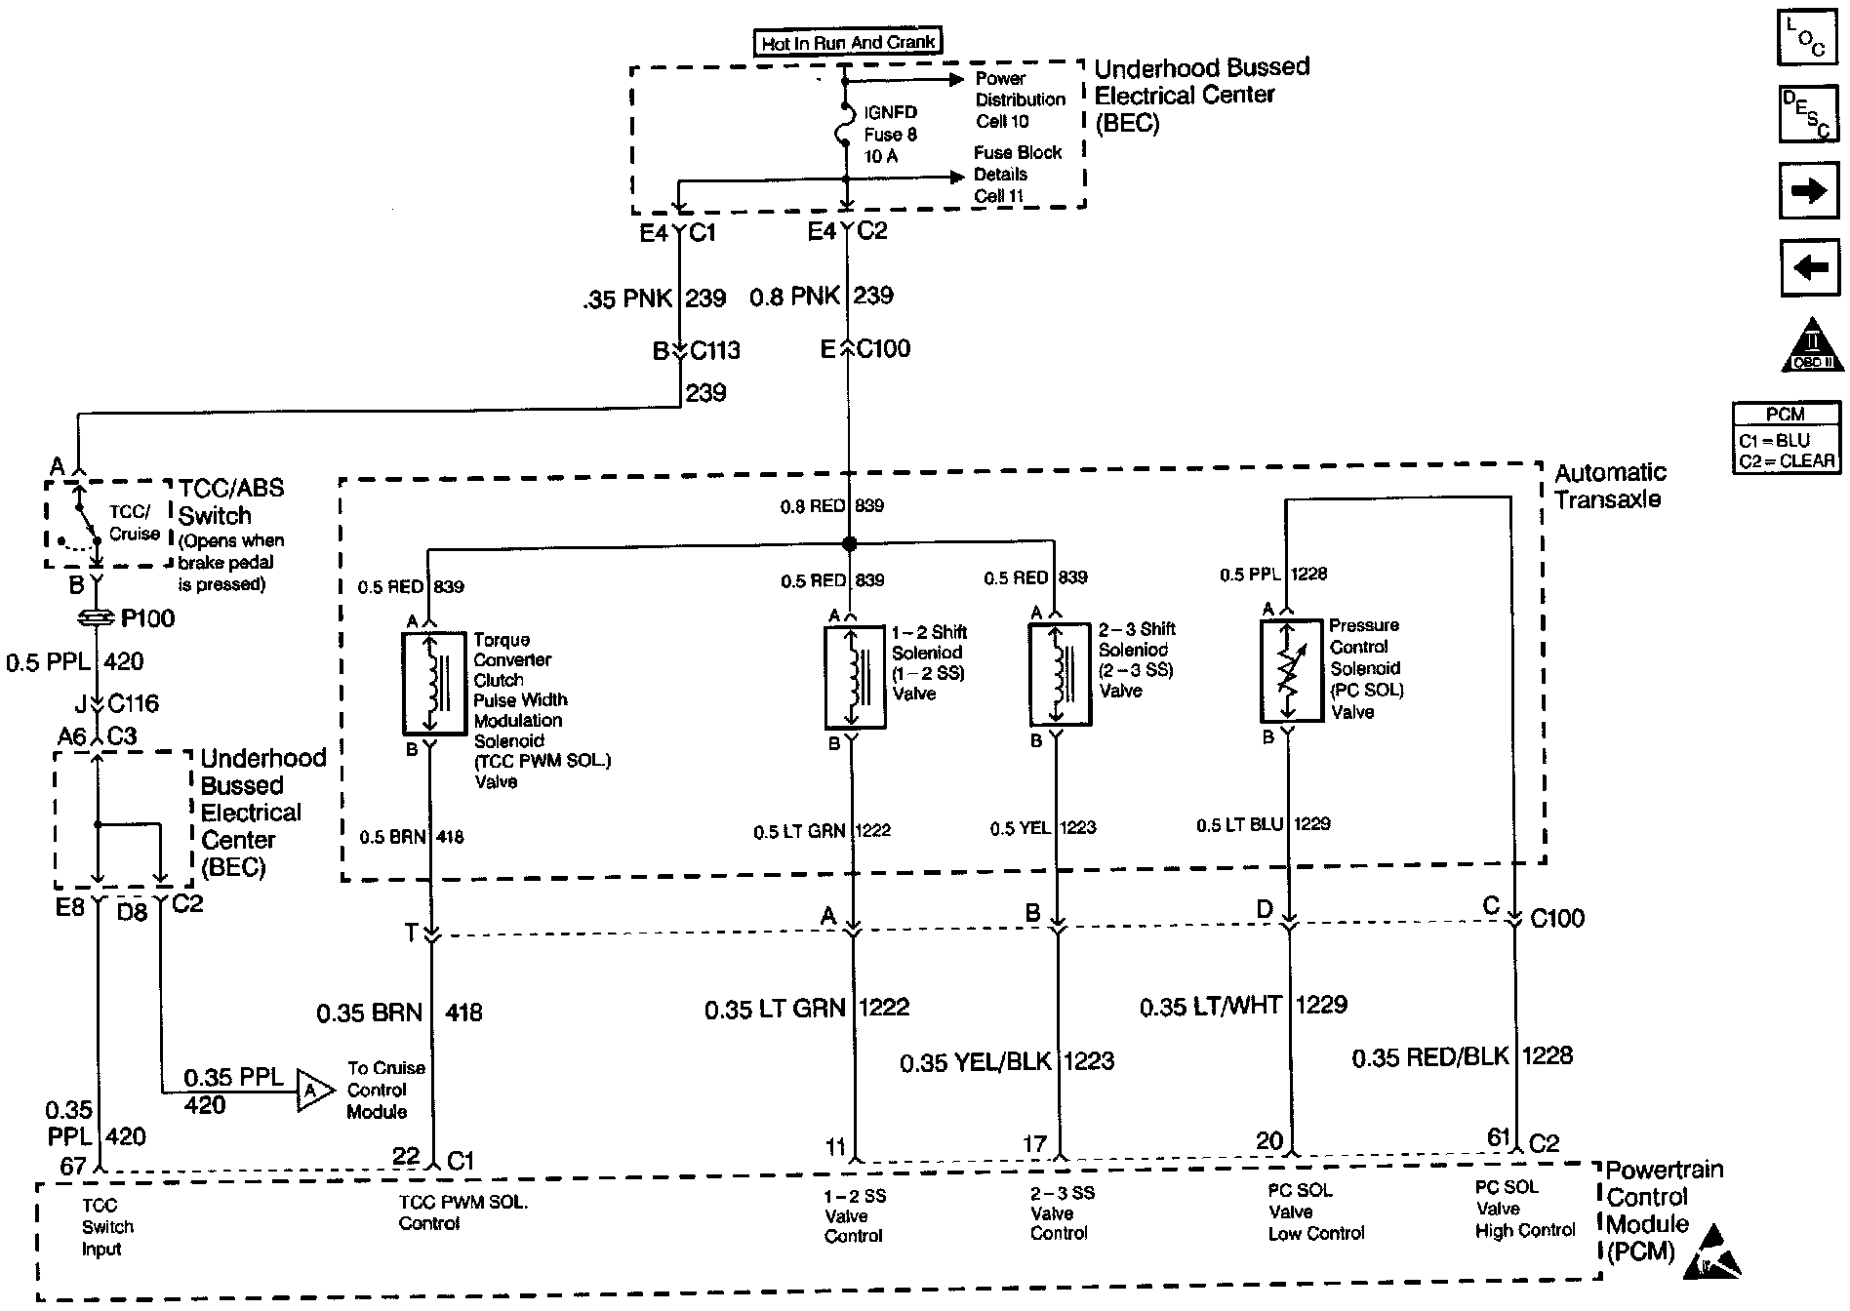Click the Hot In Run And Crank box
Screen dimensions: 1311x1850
point(848,42)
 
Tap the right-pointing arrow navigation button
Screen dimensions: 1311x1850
point(1809,190)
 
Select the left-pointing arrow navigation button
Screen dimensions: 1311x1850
point(1809,267)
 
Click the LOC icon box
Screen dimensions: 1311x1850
point(1806,38)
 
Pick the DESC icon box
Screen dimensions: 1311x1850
point(1806,115)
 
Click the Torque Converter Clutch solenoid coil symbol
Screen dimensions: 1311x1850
point(433,683)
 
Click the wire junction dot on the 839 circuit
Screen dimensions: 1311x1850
point(849,543)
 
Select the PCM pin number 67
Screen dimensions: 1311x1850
point(72,1166)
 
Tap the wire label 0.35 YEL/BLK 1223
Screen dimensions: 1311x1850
point(1006,1061)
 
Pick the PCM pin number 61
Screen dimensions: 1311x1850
point(1498,1137)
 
